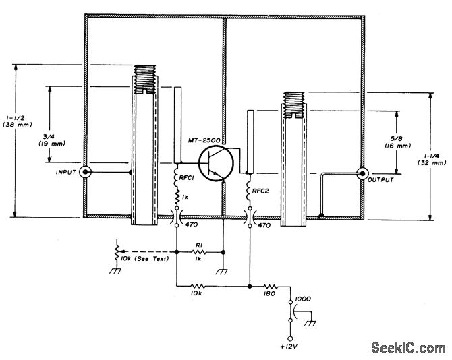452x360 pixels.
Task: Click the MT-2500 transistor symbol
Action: coord(216,164)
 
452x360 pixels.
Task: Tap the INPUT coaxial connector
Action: coord(85,172)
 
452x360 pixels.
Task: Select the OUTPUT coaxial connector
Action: coord(362,173)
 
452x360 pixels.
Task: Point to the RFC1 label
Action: coord(186,178)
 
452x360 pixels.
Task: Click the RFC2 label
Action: coord(260,191)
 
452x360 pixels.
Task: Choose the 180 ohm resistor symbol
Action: coord(271,287)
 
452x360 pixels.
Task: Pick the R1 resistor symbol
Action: coord(198,252)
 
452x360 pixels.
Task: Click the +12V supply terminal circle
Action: coord(290,338)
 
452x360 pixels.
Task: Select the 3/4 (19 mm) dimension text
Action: coord(52,140)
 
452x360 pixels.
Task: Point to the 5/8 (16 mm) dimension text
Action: coord(397,142)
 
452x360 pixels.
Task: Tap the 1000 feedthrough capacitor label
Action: coord(304,299)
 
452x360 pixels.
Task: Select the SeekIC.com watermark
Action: coord(408,348)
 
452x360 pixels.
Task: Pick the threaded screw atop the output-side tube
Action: coord(294,105)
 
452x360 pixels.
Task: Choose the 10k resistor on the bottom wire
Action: coord(198,287)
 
